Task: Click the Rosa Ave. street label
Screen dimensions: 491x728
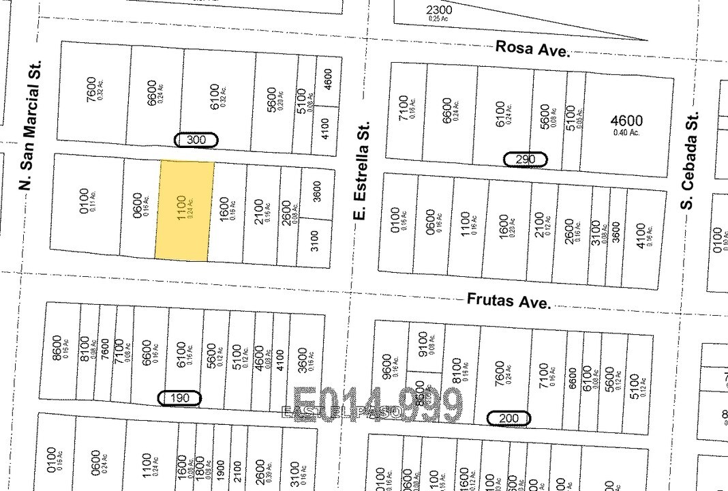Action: [532, 48]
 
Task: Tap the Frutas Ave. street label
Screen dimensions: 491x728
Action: [509, 301]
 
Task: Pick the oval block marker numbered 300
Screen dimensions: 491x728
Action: [196, 140]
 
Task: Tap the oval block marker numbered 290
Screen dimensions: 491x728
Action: [525, 160]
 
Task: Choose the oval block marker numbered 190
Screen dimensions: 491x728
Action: [179, 398]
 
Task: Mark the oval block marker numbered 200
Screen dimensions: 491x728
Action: [509, 418]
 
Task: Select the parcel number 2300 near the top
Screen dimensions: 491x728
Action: [438, 10]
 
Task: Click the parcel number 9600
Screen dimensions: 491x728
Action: [388, 367]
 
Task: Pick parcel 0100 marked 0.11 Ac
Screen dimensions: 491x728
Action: [85, 201]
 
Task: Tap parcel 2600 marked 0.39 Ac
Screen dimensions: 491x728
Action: [260, 471]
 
